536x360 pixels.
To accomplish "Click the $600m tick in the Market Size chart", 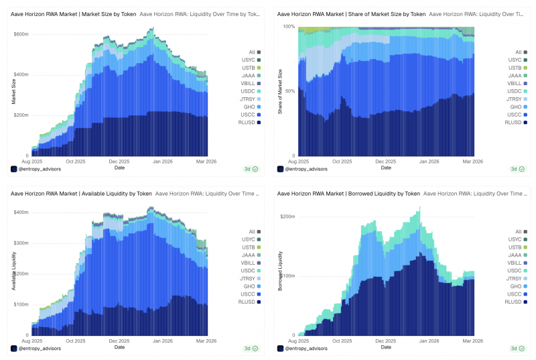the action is (x=21, y=34).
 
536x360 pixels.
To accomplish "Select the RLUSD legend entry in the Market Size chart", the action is (x=249, y=123).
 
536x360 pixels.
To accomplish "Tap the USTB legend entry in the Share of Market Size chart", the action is (x=517, y=68).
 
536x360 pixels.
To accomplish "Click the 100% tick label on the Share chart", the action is (x=289, y=26).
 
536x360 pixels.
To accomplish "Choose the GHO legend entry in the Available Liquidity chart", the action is (x=252, y=286).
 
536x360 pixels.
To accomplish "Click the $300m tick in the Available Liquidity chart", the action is (x=21, y=243).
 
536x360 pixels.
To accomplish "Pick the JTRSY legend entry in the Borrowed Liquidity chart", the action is (x=516, y=278).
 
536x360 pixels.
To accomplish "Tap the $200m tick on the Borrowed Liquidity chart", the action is (x=287, y=217).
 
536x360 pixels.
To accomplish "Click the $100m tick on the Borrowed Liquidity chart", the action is (x=287, y=276).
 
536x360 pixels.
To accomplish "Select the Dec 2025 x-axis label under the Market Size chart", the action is (x=119, y=162).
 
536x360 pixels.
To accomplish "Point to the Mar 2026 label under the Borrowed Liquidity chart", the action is (x=473, y=341).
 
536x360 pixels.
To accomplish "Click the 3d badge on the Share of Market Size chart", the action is (x=517, y=169).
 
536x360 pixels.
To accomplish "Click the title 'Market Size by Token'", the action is (x=109, y=14).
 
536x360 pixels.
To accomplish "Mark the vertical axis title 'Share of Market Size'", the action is (x=280, y=92).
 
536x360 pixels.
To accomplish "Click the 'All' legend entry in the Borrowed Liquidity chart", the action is (x=521, y=231).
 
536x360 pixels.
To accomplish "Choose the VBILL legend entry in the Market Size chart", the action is (x=251, y=83).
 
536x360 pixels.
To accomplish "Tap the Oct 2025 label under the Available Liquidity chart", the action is (x=76, y=341).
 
